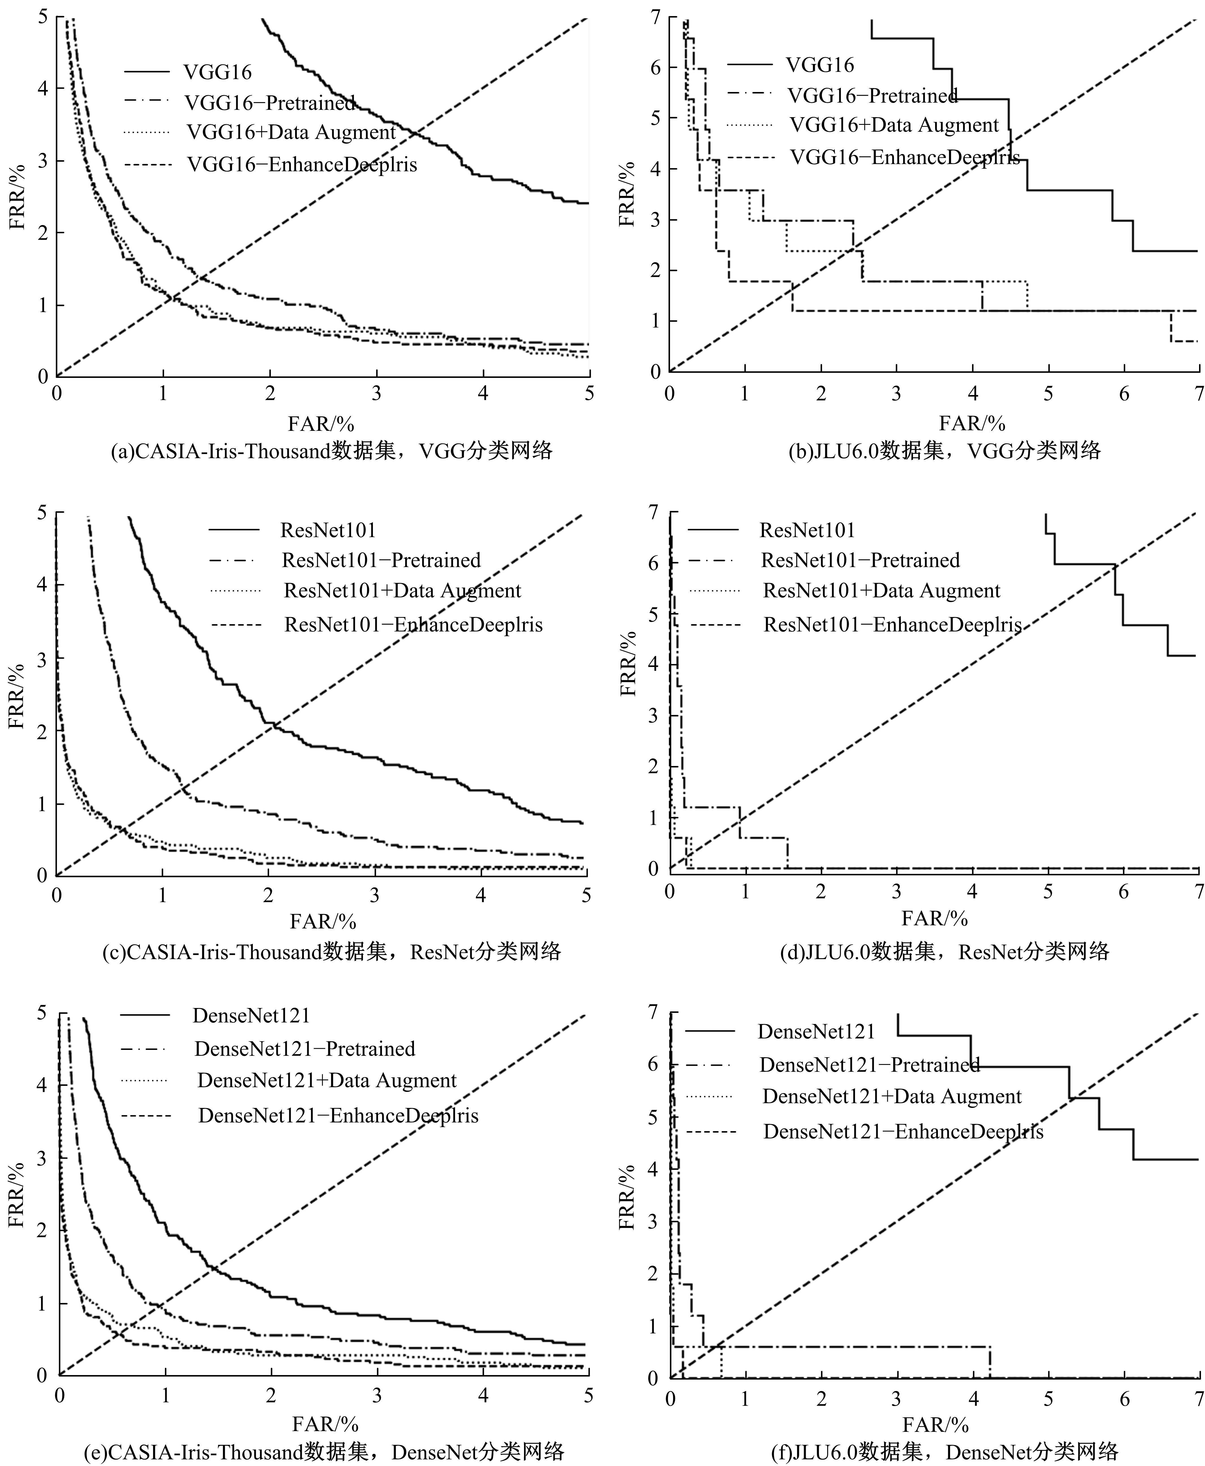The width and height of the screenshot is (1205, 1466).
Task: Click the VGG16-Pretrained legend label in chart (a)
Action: [270, 103]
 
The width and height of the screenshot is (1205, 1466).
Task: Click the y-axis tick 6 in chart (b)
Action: [655, 67]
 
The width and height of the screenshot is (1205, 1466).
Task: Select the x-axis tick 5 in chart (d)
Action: [1048, 892]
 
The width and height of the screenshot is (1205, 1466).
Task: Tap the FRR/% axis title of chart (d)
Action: [628, 663]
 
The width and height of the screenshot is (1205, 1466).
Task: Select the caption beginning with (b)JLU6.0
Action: [945, 451]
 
